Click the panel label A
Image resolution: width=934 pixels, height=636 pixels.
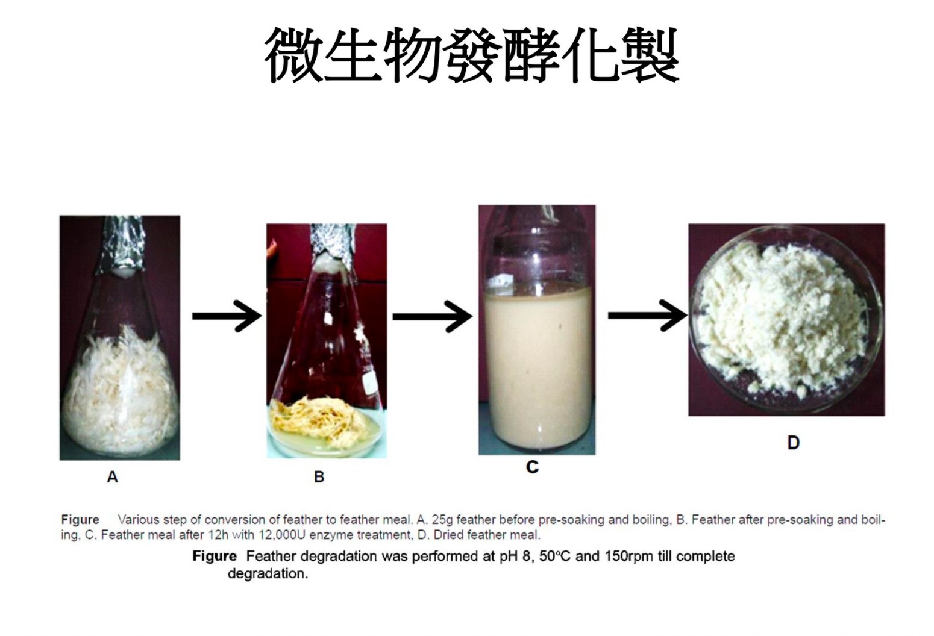pyautogui.click(x=113, y=476)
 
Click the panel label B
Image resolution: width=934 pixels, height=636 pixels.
pyautogui.click(x=319, y=476)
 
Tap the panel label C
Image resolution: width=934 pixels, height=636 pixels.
pyautogui.click(x=532, y=467)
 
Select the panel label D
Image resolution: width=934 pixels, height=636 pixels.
pyautogui.click(x=793, y=442)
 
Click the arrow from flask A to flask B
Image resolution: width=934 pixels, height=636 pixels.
pyautogui.click(x=227, y=316)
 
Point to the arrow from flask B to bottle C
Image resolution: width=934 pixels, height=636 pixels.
pyautogui.click(x=433, y=317)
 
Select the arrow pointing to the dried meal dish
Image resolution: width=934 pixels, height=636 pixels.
pyautogui.click(x=648, y=316)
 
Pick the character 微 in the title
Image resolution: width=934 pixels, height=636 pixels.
pyautogui.click(x=295, y=55)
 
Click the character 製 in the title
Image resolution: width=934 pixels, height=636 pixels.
pyautogui.click(x=648, y=55)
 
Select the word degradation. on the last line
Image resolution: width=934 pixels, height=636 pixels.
pyautogui.click(x=268, y=574)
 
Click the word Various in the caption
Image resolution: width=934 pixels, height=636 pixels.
pyautogui.click(x=139, y=520)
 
